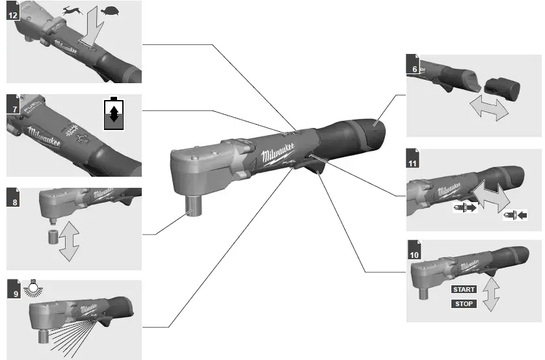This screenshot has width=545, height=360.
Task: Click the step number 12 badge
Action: (x=12, y=13)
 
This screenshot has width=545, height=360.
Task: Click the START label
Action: (x=464, y=289)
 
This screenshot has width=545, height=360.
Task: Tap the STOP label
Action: (x=464, y=303)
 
